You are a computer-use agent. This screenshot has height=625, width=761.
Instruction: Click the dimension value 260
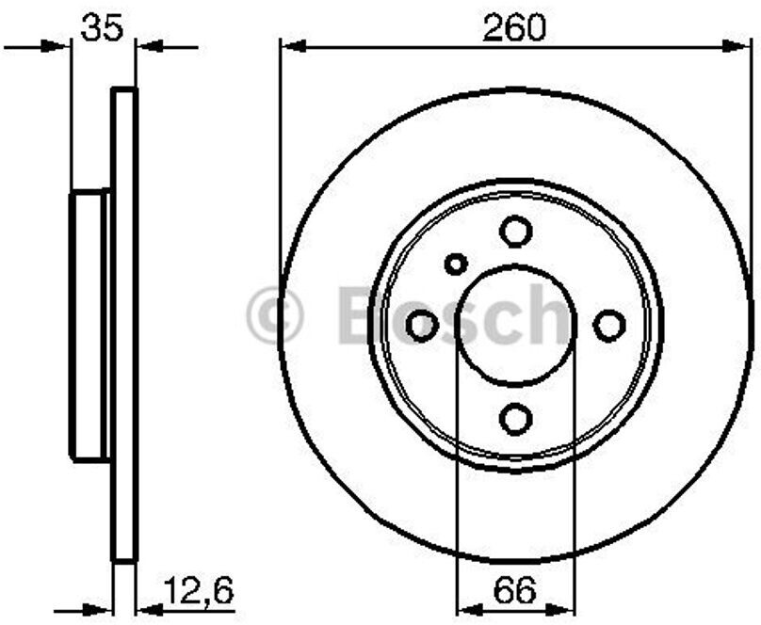click(x=514, y=27)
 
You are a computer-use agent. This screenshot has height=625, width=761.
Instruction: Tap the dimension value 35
click(x=103, y=27)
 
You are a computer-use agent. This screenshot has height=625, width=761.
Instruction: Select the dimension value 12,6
click(x=198, y=590)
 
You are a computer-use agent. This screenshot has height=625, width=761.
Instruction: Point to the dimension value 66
click(x=514, y=590)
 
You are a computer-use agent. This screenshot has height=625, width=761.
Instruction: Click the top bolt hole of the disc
click(x=515, y=232)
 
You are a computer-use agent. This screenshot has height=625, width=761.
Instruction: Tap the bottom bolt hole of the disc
click(x=515, y=419)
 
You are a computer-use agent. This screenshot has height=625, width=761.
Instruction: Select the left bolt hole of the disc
click(x=422, y=326)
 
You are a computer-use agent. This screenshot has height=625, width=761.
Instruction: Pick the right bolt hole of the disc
click(x=609, y=326)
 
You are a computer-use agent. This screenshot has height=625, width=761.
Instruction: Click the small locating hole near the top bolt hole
click(x=456, y=264)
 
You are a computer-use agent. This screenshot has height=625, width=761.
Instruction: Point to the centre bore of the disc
click(x=515, y=326)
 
